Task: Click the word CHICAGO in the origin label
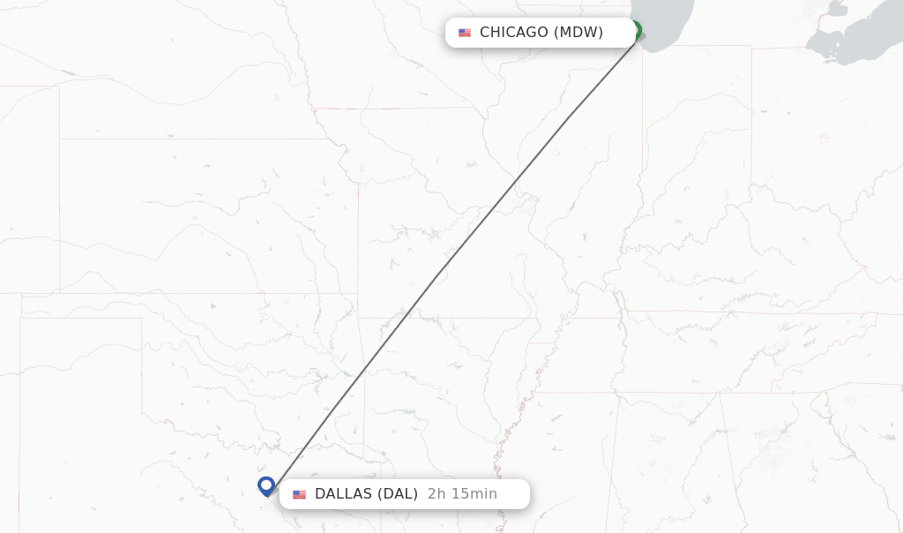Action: point(514,33)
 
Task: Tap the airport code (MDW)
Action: point(578,33)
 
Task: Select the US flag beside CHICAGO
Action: point(465,33)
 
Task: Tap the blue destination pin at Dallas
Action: point(266,485)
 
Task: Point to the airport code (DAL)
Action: point(398,494)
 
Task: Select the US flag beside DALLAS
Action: point(300,494)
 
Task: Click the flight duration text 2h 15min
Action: point(462,494)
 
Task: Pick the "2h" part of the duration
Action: point(436,494)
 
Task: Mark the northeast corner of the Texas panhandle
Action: point(141,319)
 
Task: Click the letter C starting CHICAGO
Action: point(485,33)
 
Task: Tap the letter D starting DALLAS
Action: point(320,494)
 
